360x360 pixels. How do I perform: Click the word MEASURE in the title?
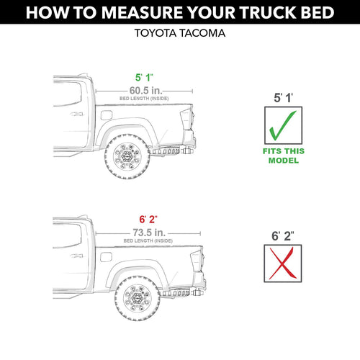pos(143,12)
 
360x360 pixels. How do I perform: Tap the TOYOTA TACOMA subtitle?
pos(180,33)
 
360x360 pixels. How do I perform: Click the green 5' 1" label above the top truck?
pos(144,78)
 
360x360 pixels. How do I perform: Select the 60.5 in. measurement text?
pos(145,91)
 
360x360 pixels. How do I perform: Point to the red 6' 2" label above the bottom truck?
pos(148,219)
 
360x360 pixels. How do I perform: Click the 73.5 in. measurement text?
pos(149,233)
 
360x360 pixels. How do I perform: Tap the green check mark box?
pos(283,125)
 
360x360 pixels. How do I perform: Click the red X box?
pos(283,264)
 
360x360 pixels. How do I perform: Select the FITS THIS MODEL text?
pos(284,156)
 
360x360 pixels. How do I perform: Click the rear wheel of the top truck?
pos(127,156)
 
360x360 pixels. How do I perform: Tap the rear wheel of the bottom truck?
pos(138,298)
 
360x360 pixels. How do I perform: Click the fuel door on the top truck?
pos(107,115)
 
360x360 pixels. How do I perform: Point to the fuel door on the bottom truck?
pos(106,257)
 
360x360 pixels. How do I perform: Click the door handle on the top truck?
pos(76,114)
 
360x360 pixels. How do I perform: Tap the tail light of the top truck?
pos(186,120)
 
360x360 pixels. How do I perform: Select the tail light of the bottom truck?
pos(197,261)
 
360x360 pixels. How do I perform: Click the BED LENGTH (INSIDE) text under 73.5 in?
pos(148,240)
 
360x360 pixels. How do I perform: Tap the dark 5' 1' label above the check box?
pos(283,98)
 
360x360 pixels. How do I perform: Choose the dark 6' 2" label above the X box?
pos(283,236)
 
